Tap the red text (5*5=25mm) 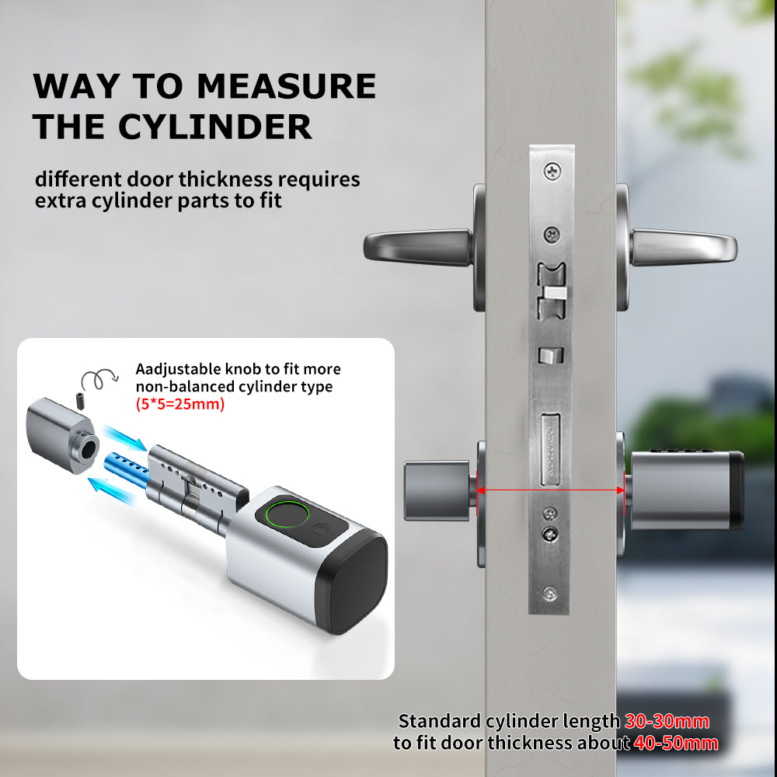point(179,404)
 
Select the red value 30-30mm point(667,721)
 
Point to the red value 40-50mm point(674,743)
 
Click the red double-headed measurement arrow point(551,490)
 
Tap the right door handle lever point(682,247)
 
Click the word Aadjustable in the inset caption point(176,369)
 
